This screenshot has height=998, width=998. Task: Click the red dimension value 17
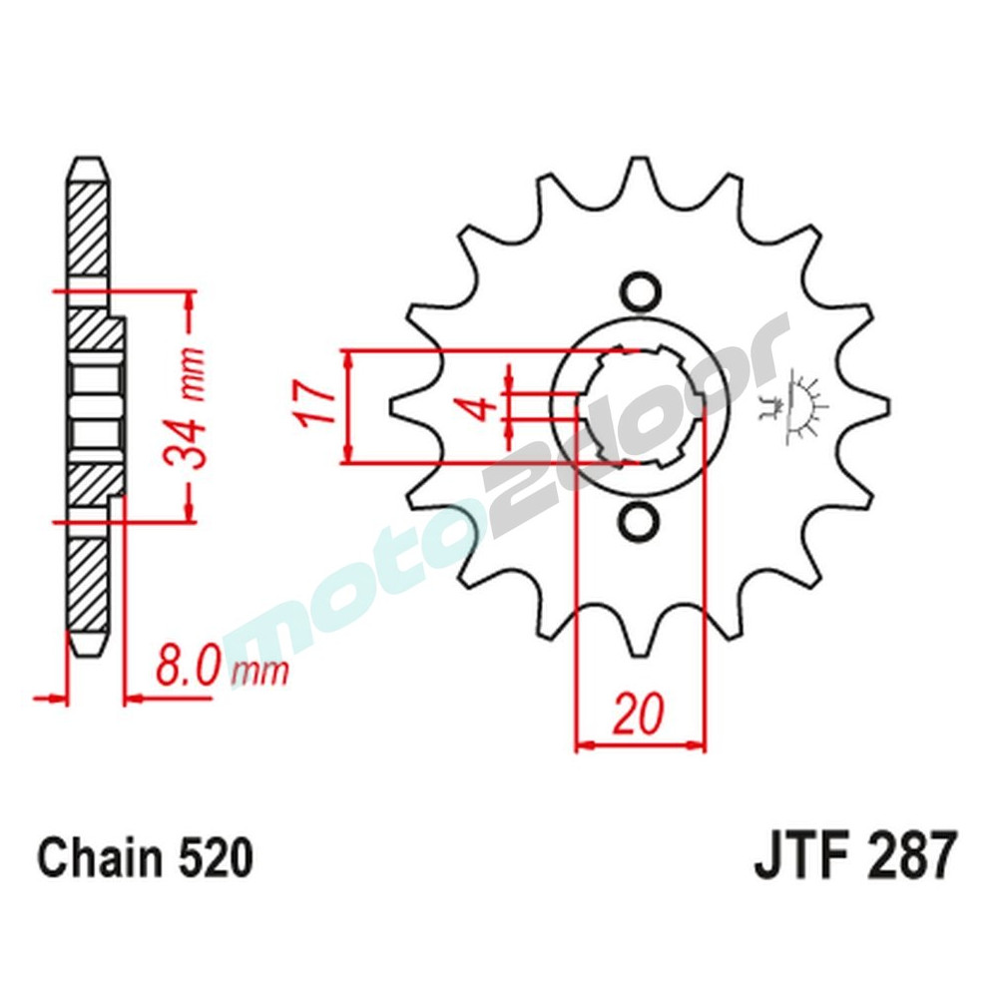(316, 405)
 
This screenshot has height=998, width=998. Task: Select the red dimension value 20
(639, 714)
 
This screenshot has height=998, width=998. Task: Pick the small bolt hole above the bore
(640, 290)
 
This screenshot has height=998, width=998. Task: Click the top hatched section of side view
(87, 225)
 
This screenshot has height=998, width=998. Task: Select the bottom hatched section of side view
(87, 589)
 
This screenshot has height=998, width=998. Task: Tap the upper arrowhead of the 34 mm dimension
(188, 300)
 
